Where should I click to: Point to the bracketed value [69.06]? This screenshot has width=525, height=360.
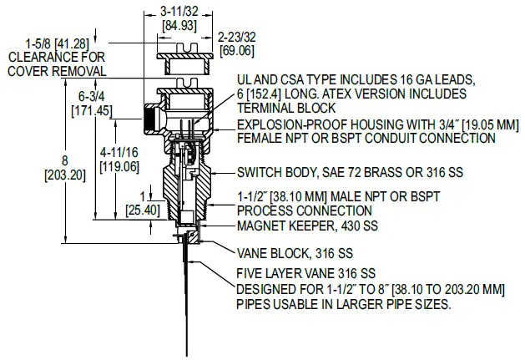(236, 51)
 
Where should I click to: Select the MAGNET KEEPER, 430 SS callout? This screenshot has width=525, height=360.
(307, 226)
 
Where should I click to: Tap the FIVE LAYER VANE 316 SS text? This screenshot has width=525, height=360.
(306, 274)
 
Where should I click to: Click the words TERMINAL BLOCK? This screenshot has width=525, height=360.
(286, 108)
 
